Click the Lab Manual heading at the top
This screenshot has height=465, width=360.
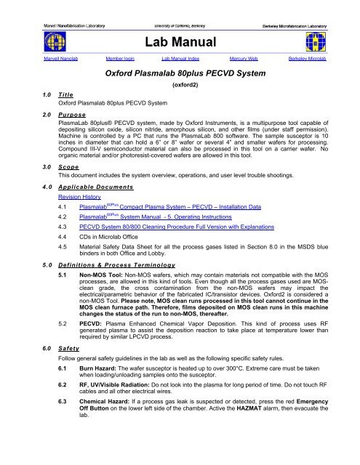click(180, 42)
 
